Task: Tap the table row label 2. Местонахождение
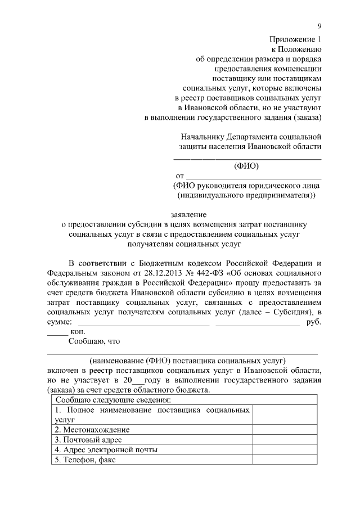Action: (x=88, y=430)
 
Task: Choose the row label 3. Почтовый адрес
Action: (x=88, y=439)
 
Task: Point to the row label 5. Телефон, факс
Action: (x=85, y=460)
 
